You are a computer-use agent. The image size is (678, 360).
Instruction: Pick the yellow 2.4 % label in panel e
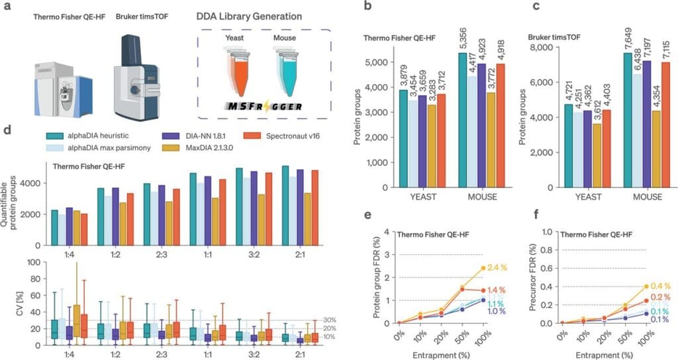pyautogui.click(x=499, y=267)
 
